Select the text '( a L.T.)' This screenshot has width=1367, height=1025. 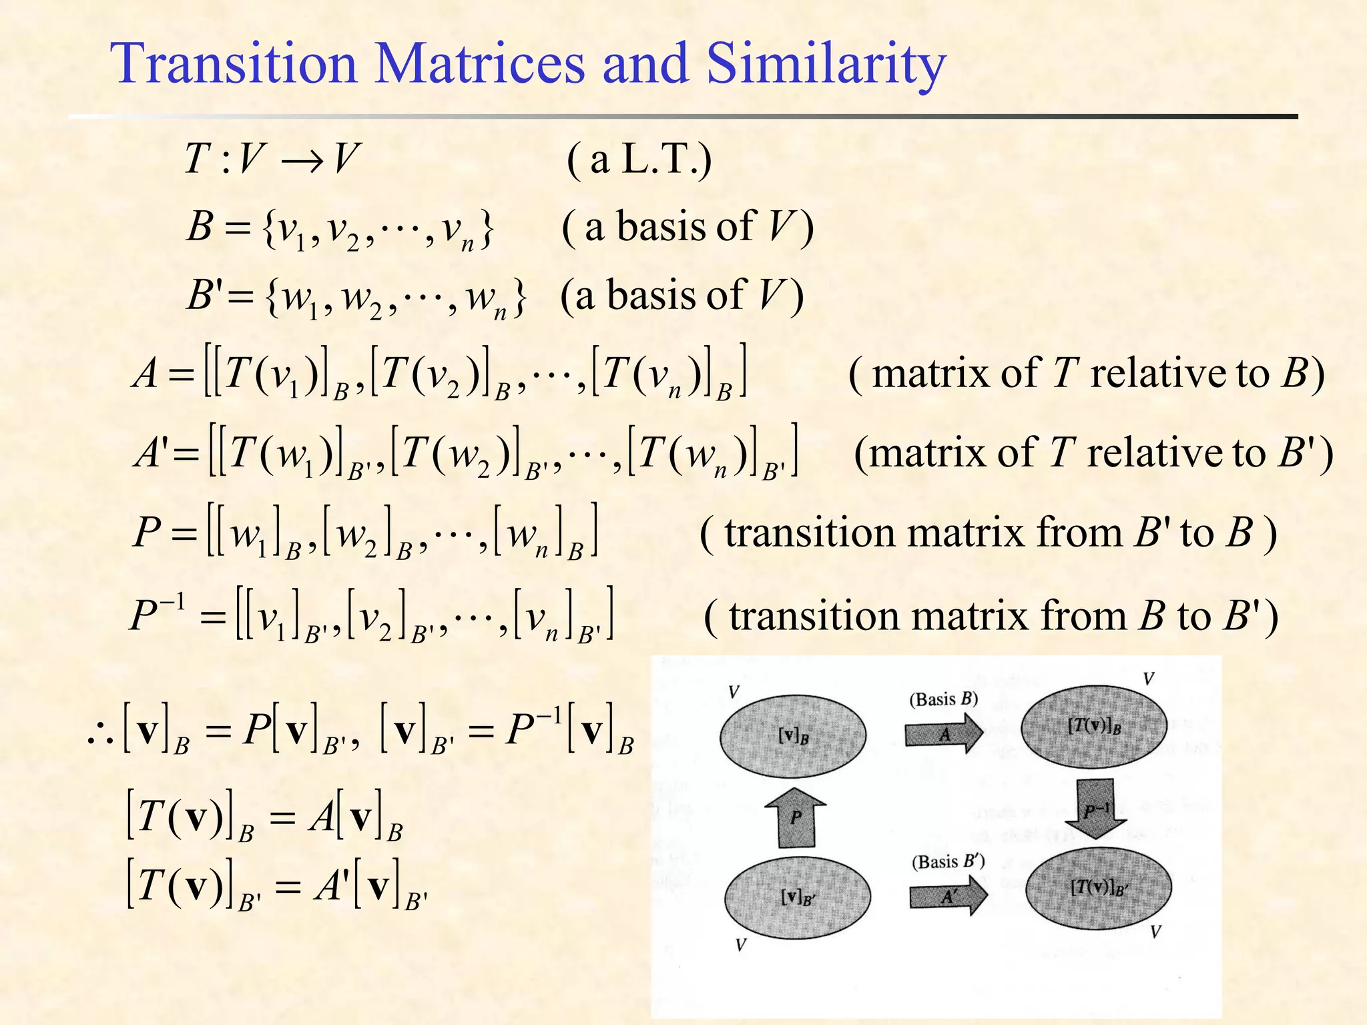639,159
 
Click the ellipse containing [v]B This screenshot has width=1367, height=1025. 793,735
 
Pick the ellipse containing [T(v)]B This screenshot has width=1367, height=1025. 1094,727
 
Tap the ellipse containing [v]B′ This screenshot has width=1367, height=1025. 798,898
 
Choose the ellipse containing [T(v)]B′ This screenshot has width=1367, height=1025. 1098,887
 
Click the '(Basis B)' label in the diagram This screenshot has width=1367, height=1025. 943,699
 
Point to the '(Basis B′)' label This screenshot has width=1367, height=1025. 948,862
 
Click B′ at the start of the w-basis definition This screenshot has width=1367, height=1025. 203,296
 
